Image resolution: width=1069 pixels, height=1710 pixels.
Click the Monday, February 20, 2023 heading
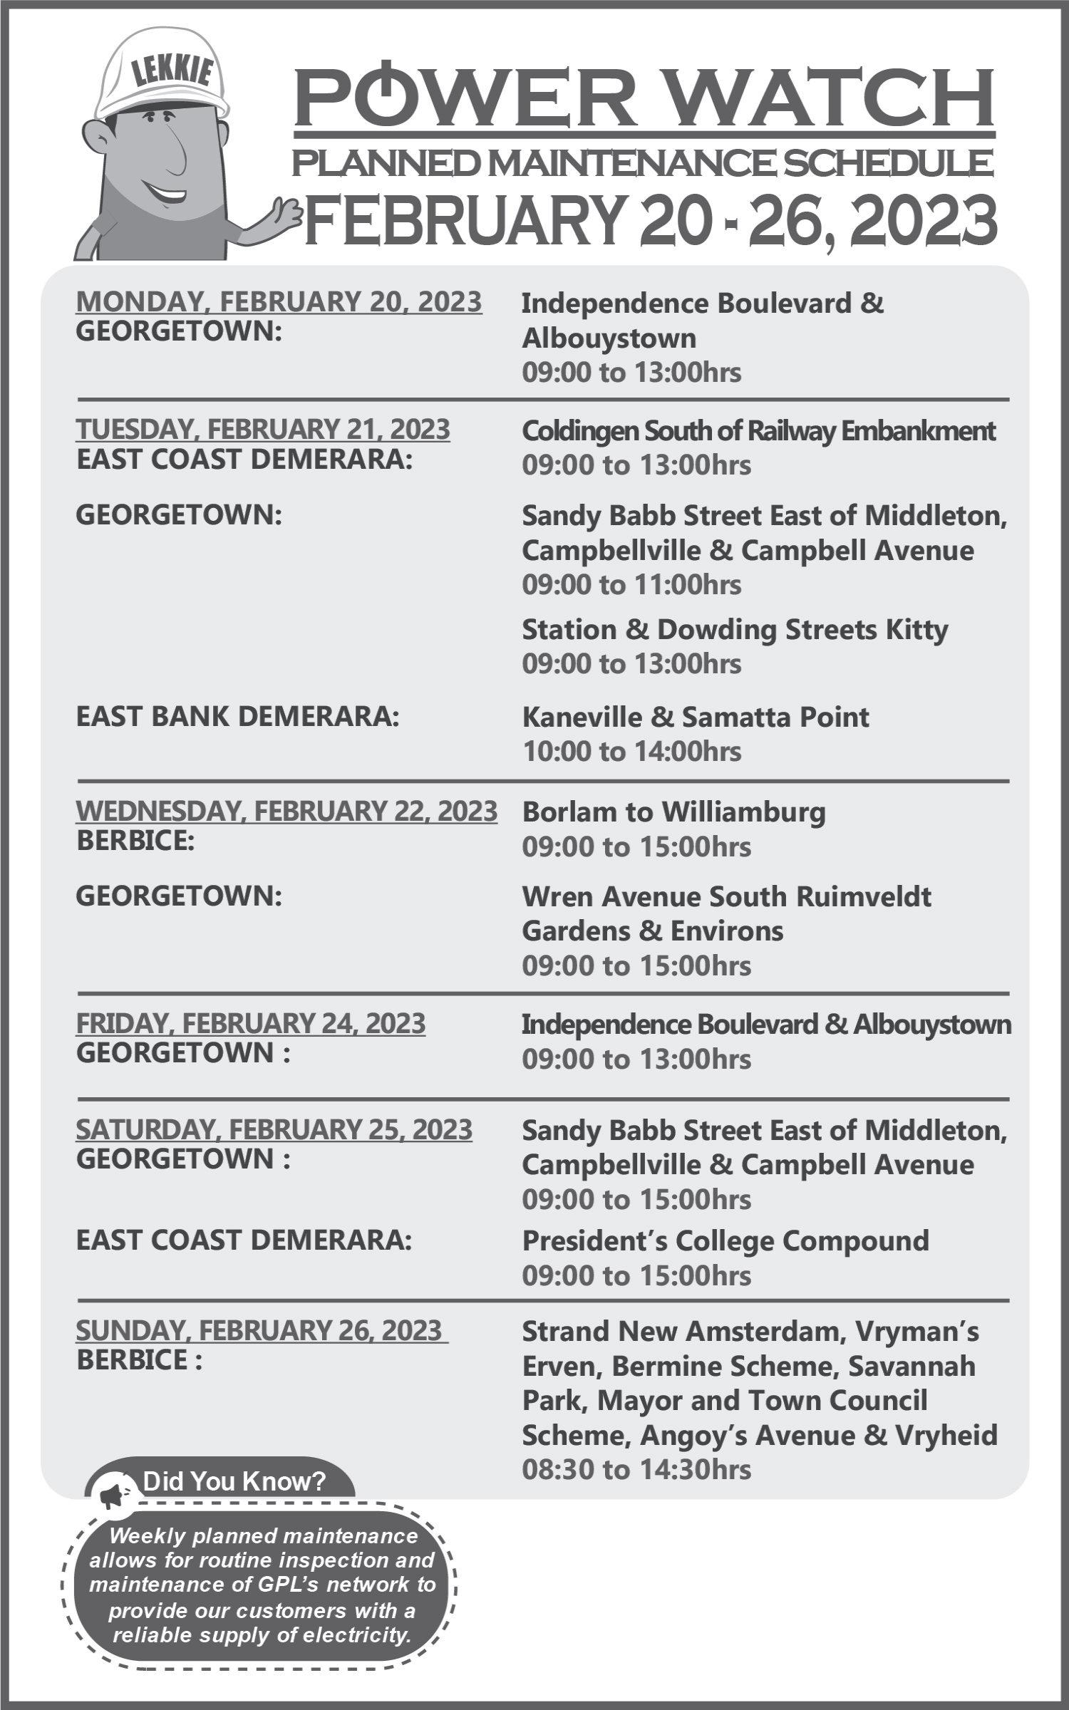(x=279, y=301)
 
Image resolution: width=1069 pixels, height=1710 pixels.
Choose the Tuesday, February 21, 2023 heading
(x=263, y=429)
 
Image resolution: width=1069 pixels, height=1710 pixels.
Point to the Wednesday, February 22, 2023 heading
(x=286, y=811)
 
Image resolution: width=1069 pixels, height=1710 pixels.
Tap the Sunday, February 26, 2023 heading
(x=261, y=1330)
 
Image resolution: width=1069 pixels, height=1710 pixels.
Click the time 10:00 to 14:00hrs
(x=631, y=751)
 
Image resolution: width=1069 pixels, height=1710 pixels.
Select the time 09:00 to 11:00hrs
(x=631, y=584)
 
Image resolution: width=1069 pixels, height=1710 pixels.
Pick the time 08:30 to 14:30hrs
(x=636, y=1469)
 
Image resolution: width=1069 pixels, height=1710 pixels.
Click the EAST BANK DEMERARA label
(x=237, y=716)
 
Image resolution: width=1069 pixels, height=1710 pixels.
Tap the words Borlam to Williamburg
(x=673, y=812)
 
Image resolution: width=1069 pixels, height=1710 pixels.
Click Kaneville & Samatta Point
(x=696, y=717)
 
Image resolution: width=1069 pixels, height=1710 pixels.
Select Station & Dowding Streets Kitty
(x=735, y=629)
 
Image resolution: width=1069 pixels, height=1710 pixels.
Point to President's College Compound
(x=725, y=1240)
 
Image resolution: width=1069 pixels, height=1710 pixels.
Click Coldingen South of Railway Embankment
(x=758, y=430)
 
